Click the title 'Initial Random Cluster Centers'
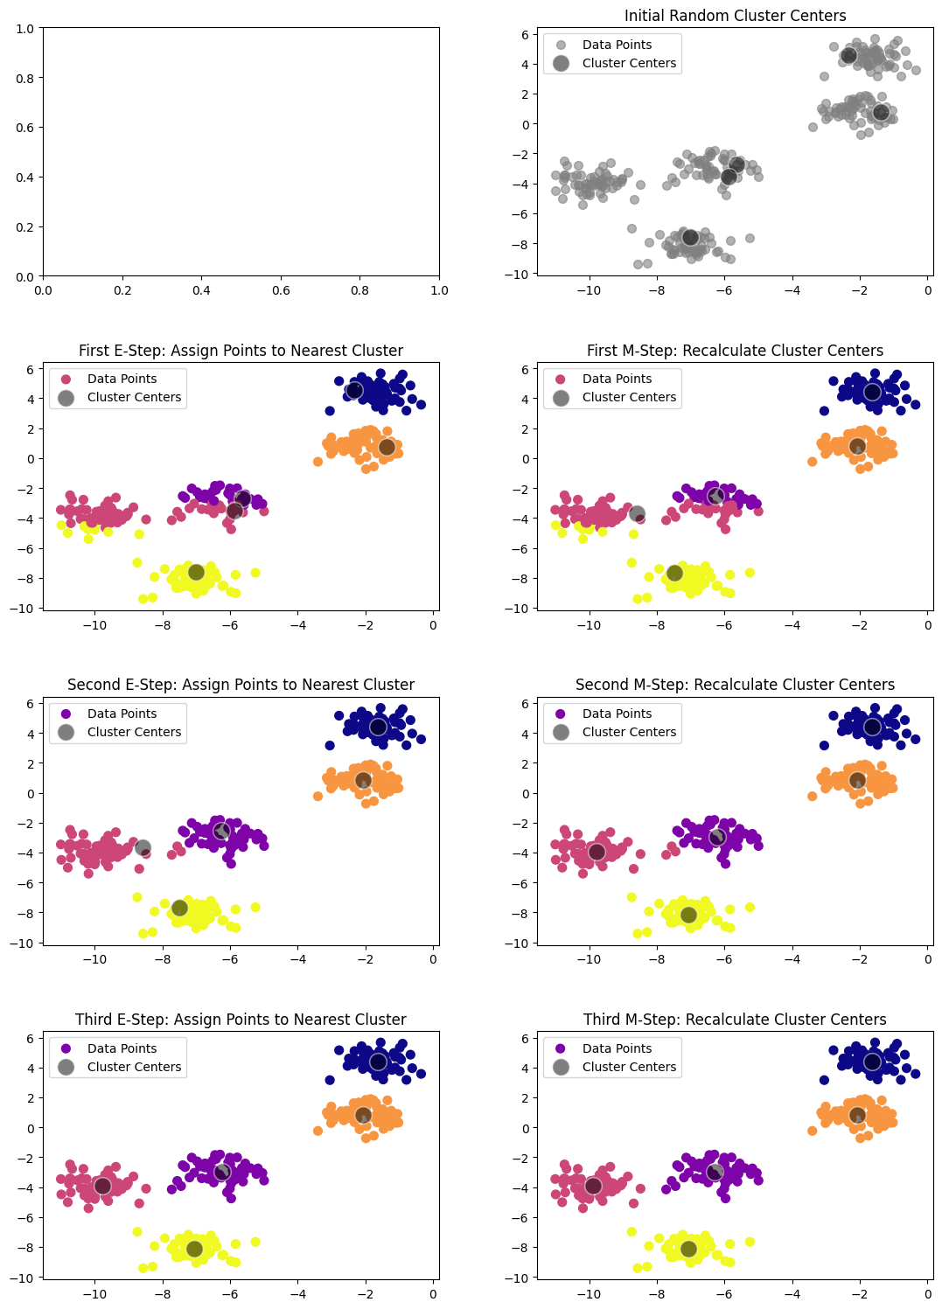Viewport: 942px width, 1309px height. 735,16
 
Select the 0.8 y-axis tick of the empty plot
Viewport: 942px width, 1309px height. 24,78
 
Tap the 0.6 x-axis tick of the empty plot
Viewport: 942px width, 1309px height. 281,290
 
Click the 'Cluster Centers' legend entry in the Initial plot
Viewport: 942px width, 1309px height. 629,63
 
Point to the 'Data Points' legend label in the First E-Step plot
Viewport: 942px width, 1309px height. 122,379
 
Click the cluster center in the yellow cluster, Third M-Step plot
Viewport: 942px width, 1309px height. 688,1249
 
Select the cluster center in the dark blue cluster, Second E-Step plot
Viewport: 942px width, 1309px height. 378,727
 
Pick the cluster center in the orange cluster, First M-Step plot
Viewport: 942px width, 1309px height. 857,446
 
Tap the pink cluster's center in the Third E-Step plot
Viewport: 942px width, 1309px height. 102,1186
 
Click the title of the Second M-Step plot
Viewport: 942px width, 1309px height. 735,685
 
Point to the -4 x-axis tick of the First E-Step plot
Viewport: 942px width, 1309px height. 297,626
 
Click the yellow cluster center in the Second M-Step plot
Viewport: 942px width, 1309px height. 688,915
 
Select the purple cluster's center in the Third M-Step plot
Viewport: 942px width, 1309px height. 715,1172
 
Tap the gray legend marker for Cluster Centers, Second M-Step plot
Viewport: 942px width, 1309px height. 561,732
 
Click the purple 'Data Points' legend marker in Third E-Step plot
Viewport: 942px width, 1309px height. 66,1048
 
